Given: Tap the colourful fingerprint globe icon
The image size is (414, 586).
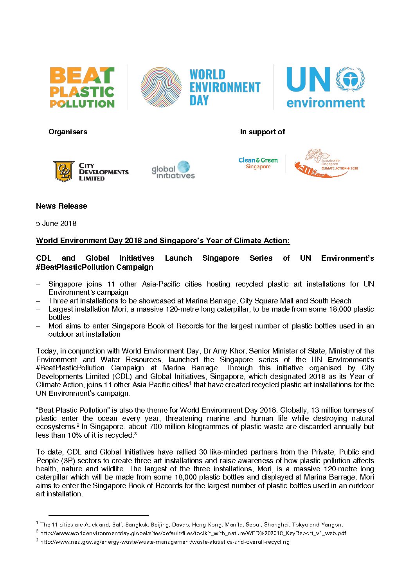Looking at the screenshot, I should coord(161,87).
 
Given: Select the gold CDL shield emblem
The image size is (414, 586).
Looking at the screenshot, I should coord(64,171).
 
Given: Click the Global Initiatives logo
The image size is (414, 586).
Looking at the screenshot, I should coord(173,170).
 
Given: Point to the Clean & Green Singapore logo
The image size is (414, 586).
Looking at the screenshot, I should coord(258,163).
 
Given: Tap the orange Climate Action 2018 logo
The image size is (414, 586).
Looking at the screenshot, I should coord(326,163).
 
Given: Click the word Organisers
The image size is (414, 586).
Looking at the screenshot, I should coord(68,132).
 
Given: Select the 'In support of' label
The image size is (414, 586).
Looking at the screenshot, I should coord(262,132).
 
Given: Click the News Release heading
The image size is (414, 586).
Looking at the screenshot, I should coord(61,206).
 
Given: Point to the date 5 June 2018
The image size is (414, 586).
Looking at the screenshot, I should coord(56,224).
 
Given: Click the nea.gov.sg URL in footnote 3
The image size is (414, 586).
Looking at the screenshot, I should coord(165,542).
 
